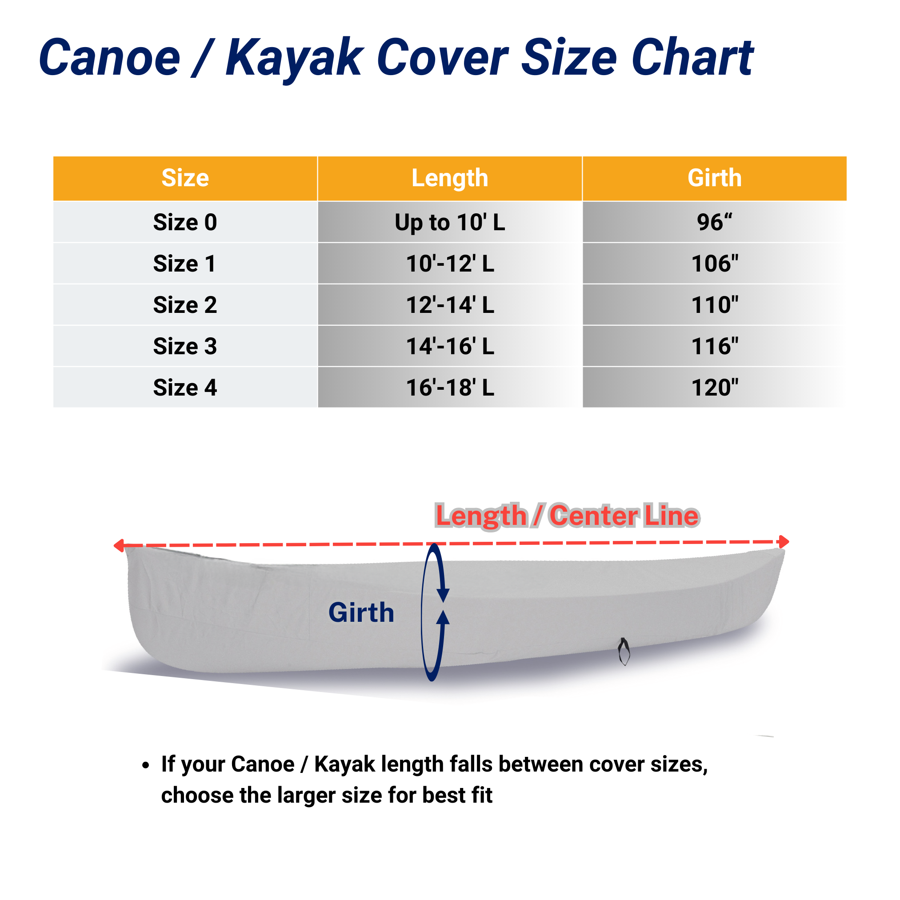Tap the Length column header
(449, 178)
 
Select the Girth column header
(715, 178)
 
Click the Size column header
(185, 178)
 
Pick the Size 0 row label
(185, 222)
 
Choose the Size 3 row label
(185, 346)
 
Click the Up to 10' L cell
(449, 223)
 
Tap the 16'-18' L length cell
(449, 388)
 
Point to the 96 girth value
(715, 222)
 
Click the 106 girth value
(715, 264)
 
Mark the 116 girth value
(715, 346)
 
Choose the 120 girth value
(715, 388)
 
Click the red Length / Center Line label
(567, 516)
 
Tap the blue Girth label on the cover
(361, 612)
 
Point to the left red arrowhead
(119, 545)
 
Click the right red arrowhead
(784, 542)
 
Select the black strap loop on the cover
(624, 651)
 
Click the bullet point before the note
(146, 765)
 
